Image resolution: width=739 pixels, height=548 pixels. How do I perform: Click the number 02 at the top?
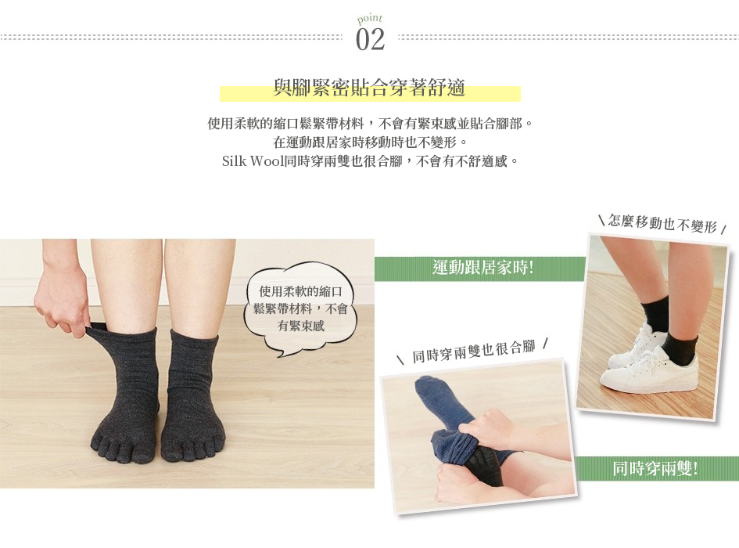370,39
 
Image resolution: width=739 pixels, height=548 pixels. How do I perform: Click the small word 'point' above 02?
369,19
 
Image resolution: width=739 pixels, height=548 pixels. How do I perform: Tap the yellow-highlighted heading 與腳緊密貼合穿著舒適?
369,88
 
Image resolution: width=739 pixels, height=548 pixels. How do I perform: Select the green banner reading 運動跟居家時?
480,268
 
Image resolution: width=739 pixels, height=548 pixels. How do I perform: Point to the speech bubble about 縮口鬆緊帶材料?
300,309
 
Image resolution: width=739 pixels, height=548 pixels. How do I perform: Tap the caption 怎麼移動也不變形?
662,223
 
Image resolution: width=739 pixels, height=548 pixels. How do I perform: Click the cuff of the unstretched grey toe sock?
194,339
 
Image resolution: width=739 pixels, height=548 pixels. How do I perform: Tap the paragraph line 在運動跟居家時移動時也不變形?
369,142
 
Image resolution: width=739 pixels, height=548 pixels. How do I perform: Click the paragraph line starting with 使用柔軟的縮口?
369,124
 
